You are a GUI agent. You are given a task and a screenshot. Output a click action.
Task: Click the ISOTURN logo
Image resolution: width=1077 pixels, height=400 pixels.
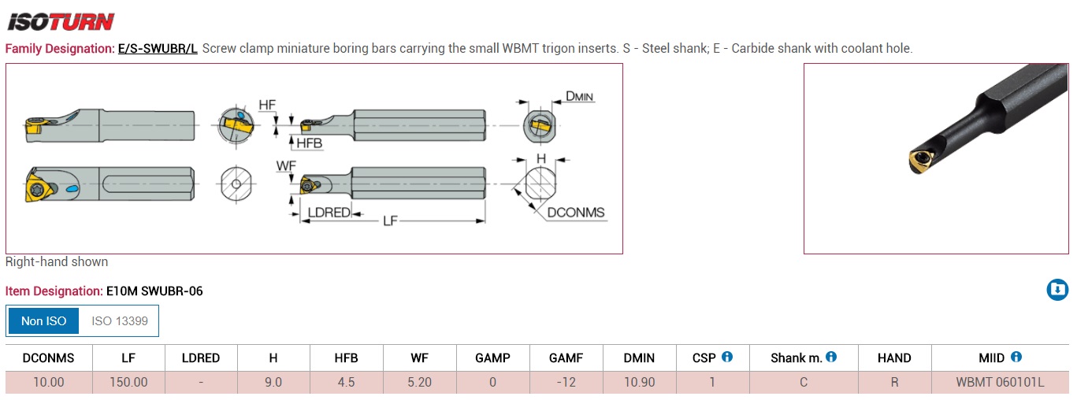point(61,20)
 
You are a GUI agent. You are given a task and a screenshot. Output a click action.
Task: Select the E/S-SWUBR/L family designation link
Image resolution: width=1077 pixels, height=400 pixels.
point(158,49)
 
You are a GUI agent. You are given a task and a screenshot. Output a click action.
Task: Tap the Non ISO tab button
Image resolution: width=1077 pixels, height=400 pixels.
point(44,321)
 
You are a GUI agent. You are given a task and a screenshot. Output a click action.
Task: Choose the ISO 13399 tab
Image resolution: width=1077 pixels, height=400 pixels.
point(120,321)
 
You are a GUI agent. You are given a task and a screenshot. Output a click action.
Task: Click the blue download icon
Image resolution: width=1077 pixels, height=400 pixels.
point(1057,290)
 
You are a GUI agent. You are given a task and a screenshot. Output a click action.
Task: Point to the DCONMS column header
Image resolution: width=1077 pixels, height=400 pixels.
point(48,357)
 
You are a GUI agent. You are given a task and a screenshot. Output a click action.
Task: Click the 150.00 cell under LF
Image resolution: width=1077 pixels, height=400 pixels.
point(128,382)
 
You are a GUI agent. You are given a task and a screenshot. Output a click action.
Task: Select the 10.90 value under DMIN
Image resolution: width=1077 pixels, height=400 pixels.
point(639,382)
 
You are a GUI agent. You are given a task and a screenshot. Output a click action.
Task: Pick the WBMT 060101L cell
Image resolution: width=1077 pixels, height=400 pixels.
point(1000,382)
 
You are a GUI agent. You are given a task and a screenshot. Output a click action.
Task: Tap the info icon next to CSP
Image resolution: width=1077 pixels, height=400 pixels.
point(727,357)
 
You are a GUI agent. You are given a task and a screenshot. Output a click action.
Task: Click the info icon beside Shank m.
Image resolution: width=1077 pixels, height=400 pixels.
point(831,357)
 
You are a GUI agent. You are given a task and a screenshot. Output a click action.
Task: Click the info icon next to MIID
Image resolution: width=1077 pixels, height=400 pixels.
point(1016,357)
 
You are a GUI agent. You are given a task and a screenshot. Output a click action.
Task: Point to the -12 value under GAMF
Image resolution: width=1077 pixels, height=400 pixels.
point(566,382)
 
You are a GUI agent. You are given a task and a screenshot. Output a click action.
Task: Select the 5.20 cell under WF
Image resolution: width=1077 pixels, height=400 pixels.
point(419,382)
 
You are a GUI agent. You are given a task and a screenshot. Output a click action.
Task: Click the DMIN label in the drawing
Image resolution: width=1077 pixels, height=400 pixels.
point(579,97)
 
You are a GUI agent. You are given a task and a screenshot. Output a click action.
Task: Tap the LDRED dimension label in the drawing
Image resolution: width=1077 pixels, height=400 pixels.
point(328,213)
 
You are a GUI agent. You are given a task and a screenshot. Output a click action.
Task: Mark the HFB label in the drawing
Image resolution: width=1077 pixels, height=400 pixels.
point(309,143)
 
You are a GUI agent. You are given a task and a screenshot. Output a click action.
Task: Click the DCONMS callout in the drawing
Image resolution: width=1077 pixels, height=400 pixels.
point(576,213)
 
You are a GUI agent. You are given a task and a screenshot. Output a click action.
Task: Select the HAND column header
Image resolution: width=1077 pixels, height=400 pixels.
point(894,357)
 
